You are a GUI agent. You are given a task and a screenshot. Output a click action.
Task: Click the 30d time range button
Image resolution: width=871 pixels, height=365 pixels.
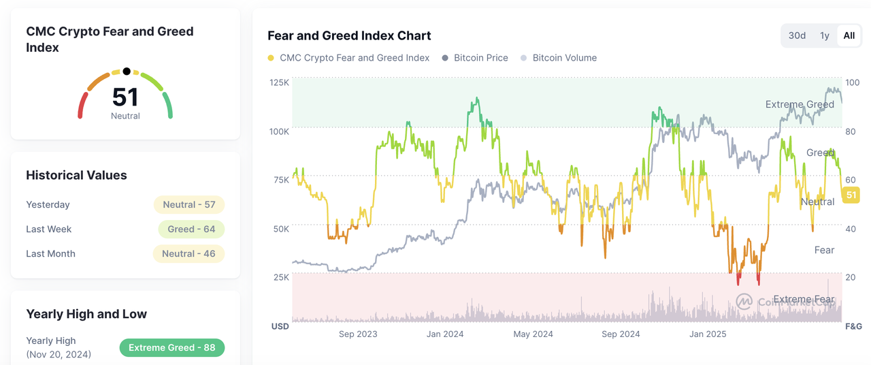tap(797, 35)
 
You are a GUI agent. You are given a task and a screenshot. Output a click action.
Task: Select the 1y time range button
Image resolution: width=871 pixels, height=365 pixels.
tap(825, 35)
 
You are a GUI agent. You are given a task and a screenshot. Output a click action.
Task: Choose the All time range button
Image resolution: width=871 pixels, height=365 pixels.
tap(849, 35)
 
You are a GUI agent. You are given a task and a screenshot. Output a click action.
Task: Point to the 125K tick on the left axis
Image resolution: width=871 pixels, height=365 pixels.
tap(280, 82)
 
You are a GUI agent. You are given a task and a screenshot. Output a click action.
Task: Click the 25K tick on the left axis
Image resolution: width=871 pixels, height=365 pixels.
tap(281, 277)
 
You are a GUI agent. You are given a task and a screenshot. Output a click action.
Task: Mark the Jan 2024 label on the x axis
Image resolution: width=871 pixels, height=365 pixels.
tap(445, 334)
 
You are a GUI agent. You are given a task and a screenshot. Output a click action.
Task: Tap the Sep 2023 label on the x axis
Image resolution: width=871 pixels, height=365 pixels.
tap(358, 334)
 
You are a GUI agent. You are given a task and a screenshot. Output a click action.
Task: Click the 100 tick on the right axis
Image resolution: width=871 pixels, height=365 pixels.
tap(851, 82)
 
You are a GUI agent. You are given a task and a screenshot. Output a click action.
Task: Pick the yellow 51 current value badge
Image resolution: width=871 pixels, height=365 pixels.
tap(851, 195)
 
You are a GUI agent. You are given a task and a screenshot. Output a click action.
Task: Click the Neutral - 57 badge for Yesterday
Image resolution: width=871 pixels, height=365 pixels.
tap(189, 204)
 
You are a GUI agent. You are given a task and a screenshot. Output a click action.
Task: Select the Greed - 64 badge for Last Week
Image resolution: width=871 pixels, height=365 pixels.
tap(191, 229)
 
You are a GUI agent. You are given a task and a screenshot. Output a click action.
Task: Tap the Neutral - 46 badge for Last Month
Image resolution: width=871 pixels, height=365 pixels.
tap(189, 253)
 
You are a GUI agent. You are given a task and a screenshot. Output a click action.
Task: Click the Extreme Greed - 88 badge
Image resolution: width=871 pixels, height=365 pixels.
tap(171, 347)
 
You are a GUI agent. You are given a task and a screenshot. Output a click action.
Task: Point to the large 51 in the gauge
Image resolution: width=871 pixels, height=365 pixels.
tap(125, 97)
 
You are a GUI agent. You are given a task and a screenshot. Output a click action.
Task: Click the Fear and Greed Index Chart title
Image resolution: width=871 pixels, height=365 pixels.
tap(349, 35)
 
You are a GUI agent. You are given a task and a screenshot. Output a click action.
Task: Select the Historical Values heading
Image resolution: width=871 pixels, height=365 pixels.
tap(76, 175)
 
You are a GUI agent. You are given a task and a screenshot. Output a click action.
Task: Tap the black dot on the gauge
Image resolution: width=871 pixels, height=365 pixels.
tap(127, 71)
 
